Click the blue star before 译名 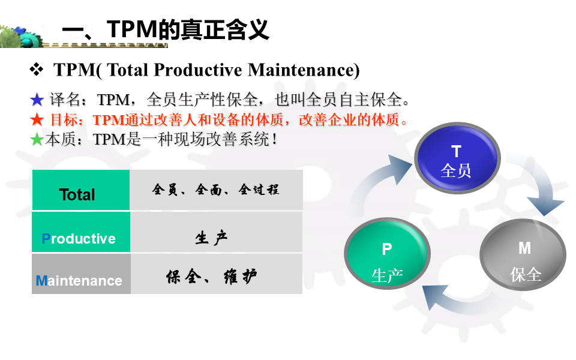[x=37, y=100]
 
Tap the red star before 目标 [x=37, y=119]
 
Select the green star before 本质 [x=37, y=139]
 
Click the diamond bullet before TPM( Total [x=37, y=69]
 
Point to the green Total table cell [x=81, y=190]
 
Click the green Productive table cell [x=81, y=232]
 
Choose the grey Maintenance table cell [x=81, y=274]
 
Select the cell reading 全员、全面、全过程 [x=217, y=190]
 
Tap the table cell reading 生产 [x=217, y=232]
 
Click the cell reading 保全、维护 [x=217, y=274]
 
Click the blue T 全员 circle [x=457, y=158]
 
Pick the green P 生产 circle [x=387, y=253]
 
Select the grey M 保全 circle [x=523, y=254]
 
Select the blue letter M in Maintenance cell [x=41, y=281]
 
